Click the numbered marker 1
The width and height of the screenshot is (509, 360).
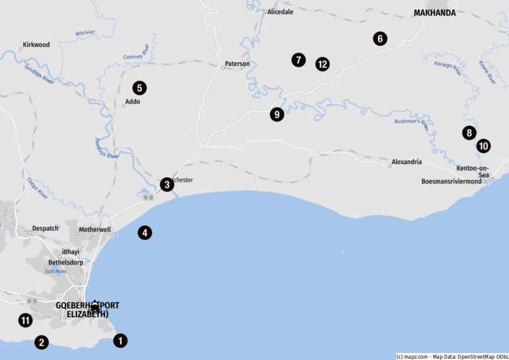[x=120, y=341]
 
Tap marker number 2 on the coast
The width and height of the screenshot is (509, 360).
[x=41, y=342]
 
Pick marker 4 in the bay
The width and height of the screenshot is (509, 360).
[x=145, y=233]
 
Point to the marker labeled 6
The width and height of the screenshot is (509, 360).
[x=380, y=39]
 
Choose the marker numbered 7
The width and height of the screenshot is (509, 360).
[x=298, y=60]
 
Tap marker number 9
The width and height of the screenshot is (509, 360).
[x=277, y=114]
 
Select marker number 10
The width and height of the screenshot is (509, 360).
[x=484, y=146]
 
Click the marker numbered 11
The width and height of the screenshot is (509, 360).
[x=25, y=321]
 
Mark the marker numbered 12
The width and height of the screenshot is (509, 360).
[x=323, y=64]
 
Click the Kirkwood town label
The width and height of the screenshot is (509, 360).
[x=36, y=45]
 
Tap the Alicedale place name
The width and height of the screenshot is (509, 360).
[x=281, y=11]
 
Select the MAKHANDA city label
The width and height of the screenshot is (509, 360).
[x=435, y=12]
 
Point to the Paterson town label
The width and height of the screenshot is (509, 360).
[x=237, y=64]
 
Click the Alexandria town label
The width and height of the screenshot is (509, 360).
[x=407, y=162]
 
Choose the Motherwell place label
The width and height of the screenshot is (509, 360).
[x=95, y=230]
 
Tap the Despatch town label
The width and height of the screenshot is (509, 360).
[x=46, y=228]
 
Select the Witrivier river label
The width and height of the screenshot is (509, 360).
[x=85, y=32]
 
